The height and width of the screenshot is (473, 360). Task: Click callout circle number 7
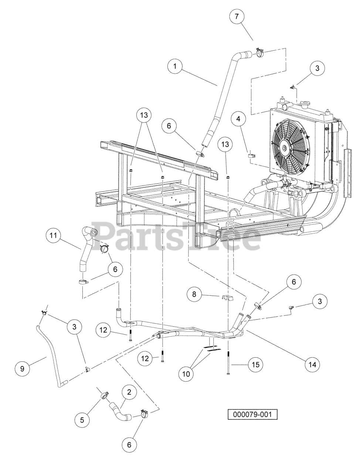click(x=237, y=16)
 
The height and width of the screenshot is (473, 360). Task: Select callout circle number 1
click(x=175, y=66)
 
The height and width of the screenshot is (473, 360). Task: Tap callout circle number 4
click(x=238, y=119)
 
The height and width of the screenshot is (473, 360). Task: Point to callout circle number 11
click(x=53, y=235)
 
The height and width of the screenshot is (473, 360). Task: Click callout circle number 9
click(x=23, y=368)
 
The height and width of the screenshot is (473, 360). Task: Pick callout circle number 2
click(x=129, y=392)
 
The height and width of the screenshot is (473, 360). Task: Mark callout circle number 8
click(x=194, y=294)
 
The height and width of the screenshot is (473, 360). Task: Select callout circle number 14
click(x=312, y=365)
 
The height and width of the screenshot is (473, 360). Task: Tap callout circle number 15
click(x=255, y=365)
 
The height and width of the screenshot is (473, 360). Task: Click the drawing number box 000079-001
click(x=252, y=414)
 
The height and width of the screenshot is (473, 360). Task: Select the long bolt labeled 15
click(x=228, y=363)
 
